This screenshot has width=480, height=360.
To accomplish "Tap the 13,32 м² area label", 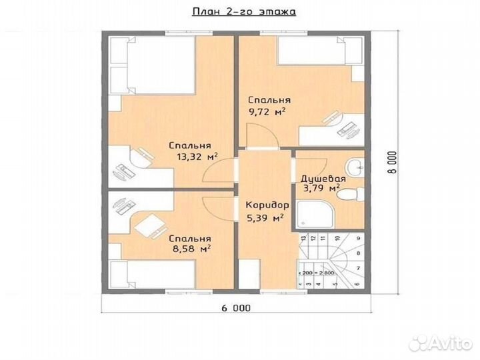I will pyautogui.click(x=198, y=158).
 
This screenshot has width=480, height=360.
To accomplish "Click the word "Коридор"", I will pyautogui.click(x=266, y=205).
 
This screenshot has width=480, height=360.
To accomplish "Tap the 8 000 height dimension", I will pyautogui.click(x=393, y=163).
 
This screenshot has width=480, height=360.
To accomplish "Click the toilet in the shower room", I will pyautogui.click(x=356, y=194).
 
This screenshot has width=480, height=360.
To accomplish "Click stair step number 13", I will pyautogui.click(x=303, y=238).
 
